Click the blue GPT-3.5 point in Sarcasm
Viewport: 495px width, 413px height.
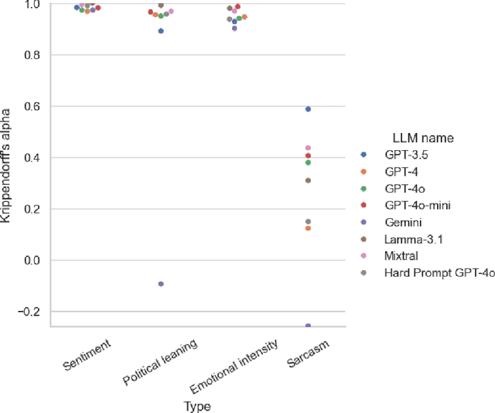click(308, 109)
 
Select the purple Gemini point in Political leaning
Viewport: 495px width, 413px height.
click(161, 284)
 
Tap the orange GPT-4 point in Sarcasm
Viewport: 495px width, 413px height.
click(308, 228)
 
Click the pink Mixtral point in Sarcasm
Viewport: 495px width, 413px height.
click(308, 148)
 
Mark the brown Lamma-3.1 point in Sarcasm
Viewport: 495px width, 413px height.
click(308, 180)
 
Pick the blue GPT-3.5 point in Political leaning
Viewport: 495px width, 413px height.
click(161, 31)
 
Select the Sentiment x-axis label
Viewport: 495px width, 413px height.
click(89, 352)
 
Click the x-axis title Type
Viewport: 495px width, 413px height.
click(198, 405)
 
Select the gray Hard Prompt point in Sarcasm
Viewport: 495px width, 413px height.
click(308, 221)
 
